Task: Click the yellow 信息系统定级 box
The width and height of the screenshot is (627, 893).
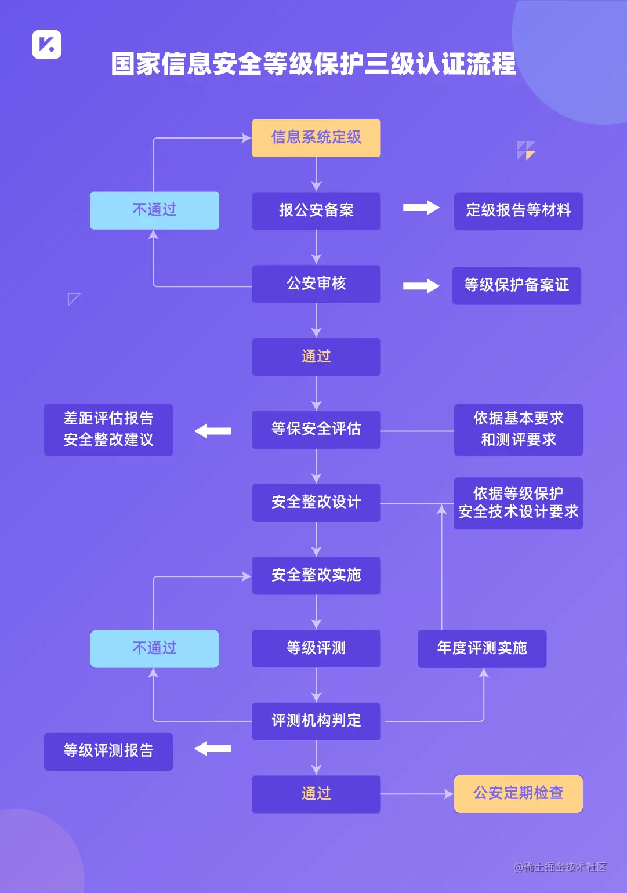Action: point(316,138)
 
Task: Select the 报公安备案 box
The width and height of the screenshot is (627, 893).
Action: point(316,210)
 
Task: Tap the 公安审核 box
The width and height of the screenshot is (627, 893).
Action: point(316,284)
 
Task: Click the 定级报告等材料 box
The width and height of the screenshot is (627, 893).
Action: point(518,210)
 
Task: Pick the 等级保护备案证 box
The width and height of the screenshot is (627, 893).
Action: point(516,285)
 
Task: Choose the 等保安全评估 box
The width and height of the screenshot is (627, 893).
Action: point(316,429)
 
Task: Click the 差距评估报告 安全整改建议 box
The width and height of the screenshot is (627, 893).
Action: point(108,429)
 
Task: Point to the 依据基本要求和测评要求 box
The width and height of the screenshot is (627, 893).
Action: point(518,429)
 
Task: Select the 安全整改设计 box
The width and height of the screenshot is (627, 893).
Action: point(316,502)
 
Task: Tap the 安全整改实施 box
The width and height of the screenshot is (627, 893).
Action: point(316,575)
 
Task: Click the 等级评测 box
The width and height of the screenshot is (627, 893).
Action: point(316,648)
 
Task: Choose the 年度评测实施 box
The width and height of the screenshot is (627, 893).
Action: point(482,648)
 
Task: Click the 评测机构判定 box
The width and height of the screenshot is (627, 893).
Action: point(316,721)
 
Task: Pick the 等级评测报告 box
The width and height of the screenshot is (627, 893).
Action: point(108,751)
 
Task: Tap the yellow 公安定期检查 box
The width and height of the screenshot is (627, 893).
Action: point(518,793)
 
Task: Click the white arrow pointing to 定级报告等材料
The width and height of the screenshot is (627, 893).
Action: point(421,208)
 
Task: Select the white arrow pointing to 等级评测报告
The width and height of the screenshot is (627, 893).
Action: point(212,749)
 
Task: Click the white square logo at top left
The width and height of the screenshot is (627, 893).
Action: point(46,44)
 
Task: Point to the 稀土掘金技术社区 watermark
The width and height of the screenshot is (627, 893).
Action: point(560,867)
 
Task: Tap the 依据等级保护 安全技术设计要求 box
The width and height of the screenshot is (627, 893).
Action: point(518,503)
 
